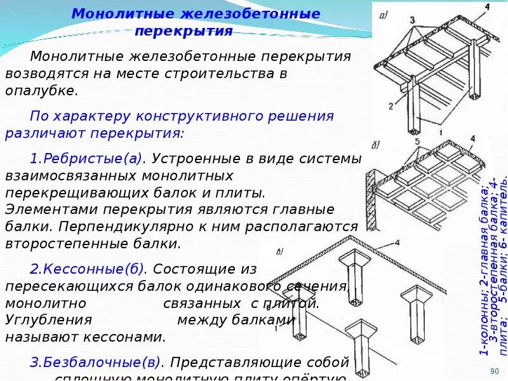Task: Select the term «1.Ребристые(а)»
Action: click(x=88, y=158)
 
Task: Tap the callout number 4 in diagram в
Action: click(x=397, y=243)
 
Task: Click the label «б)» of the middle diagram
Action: click(x=375, y=145)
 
